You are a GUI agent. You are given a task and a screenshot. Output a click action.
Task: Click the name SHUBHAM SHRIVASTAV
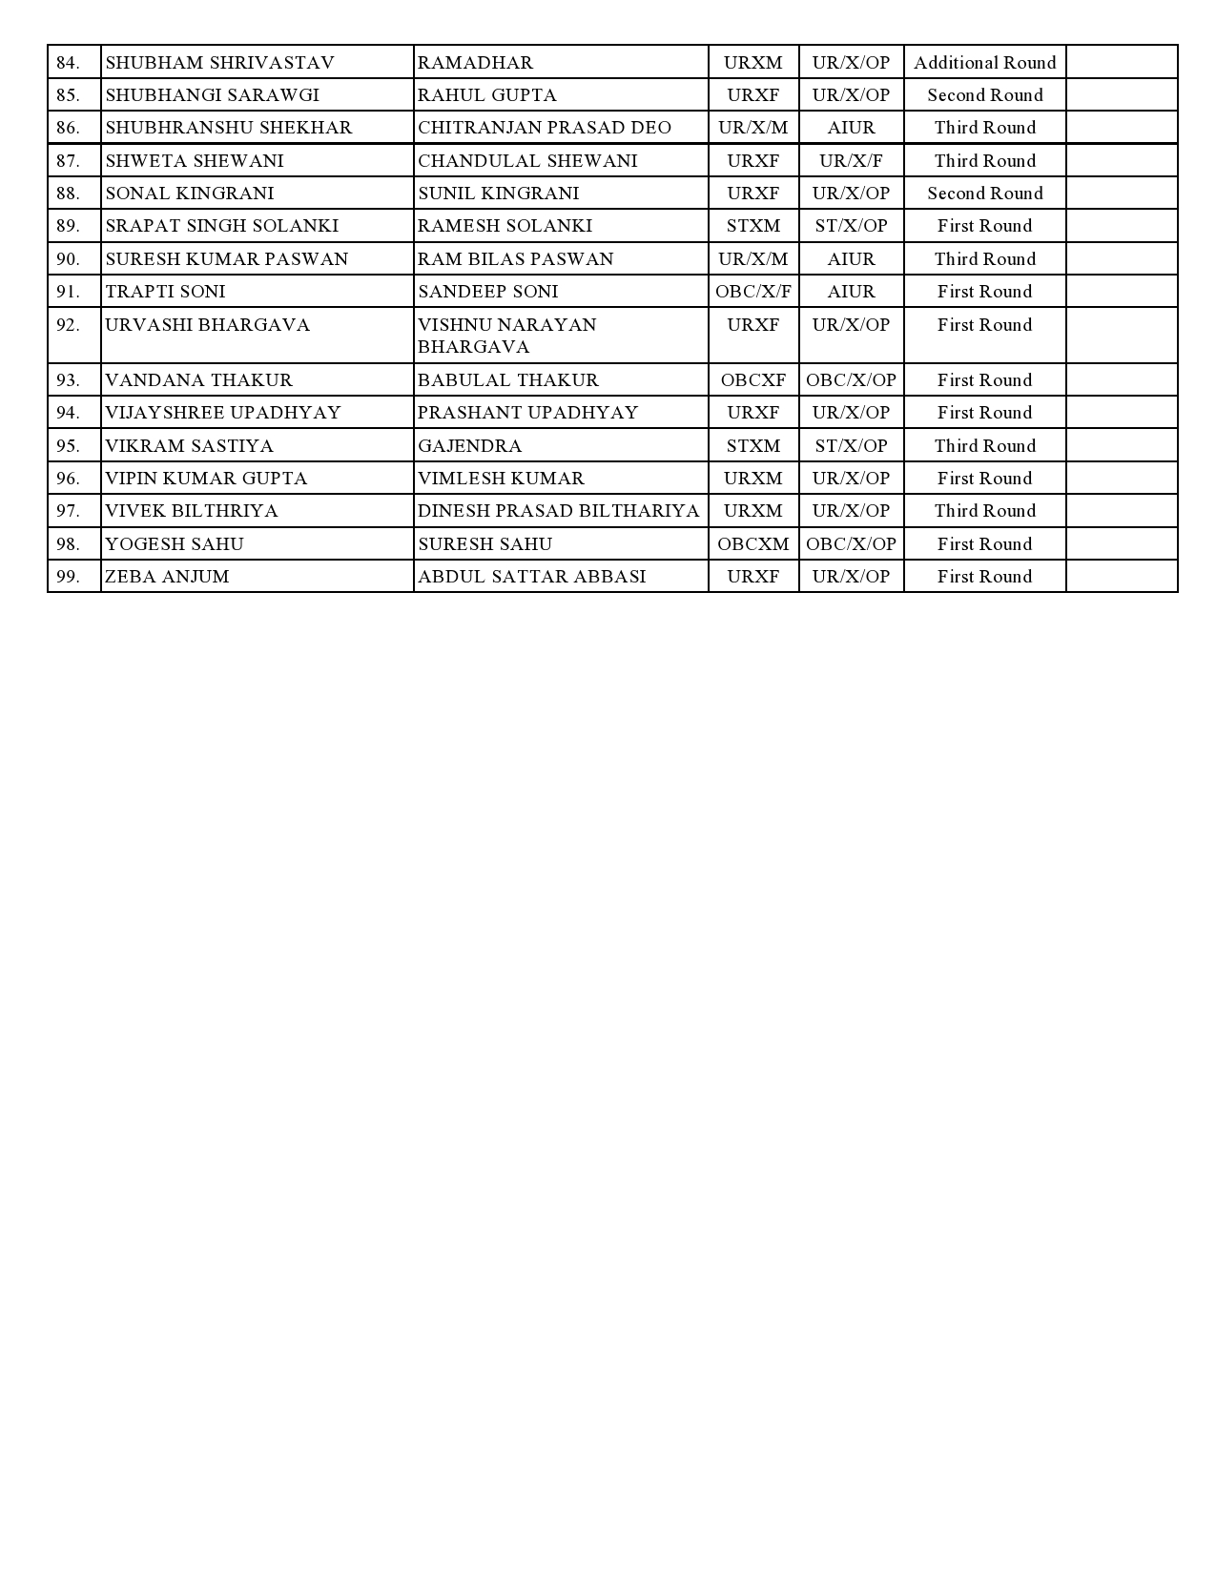click(219, 63)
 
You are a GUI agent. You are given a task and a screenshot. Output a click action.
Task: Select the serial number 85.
click(68, 95)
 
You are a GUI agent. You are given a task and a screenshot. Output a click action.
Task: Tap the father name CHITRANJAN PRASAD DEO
click(544, 128)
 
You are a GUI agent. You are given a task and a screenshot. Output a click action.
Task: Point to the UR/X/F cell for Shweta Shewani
click(851, 161)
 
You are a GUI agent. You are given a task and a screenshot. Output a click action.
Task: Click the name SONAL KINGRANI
click(189, 194)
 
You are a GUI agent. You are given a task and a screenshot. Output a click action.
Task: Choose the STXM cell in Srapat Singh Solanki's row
click(752, 226)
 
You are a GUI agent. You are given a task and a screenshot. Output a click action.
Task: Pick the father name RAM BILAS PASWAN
click(515, 259)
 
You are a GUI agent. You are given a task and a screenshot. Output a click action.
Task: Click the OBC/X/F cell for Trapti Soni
click(752, 292)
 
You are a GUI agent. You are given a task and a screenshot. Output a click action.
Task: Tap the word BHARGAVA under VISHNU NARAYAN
click(473, 347)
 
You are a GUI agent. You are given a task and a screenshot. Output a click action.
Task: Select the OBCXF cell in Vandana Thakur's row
click(752, 380)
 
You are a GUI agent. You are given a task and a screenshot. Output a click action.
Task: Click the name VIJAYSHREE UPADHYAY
click(222, 413)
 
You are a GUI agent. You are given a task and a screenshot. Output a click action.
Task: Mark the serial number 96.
click(68, 479)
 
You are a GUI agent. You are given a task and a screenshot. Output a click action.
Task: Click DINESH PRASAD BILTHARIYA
click(558, 511)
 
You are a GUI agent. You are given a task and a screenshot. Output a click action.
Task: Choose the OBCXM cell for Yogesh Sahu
click(752, 544)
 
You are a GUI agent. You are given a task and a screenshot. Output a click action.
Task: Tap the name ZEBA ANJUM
click(167, 577)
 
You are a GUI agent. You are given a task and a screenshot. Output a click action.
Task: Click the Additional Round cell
click(984, 63)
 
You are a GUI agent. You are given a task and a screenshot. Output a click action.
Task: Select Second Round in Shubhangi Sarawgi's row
click(984, 95)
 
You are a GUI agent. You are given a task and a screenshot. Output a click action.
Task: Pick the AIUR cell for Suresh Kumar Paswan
click(851, 259)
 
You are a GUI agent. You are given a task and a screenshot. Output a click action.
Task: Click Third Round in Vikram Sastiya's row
click(984, 446)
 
